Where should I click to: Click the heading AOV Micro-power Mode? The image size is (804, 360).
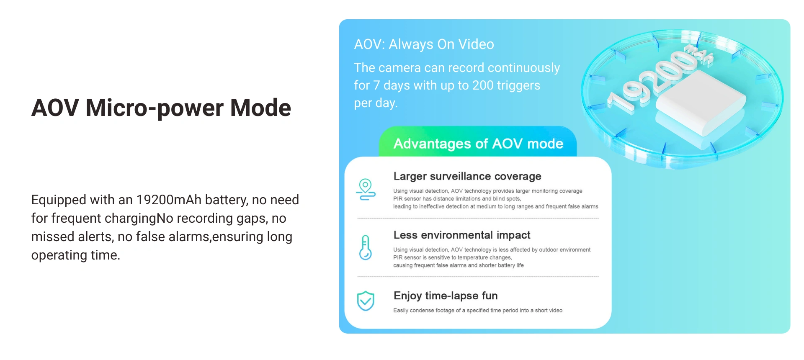161,108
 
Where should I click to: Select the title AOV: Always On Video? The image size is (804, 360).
424,44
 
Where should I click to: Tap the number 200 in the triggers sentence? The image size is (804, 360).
483,85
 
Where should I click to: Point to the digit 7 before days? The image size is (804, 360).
376,85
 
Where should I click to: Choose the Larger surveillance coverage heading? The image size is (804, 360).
467,176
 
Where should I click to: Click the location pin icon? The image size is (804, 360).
366,190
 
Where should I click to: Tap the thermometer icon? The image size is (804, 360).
366,247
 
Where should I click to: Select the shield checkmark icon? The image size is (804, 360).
366,301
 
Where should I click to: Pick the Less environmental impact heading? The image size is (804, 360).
462,235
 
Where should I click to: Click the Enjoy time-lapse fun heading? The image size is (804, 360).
446,296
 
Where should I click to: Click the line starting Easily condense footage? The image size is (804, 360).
478,310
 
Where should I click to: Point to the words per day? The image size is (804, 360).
376,103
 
